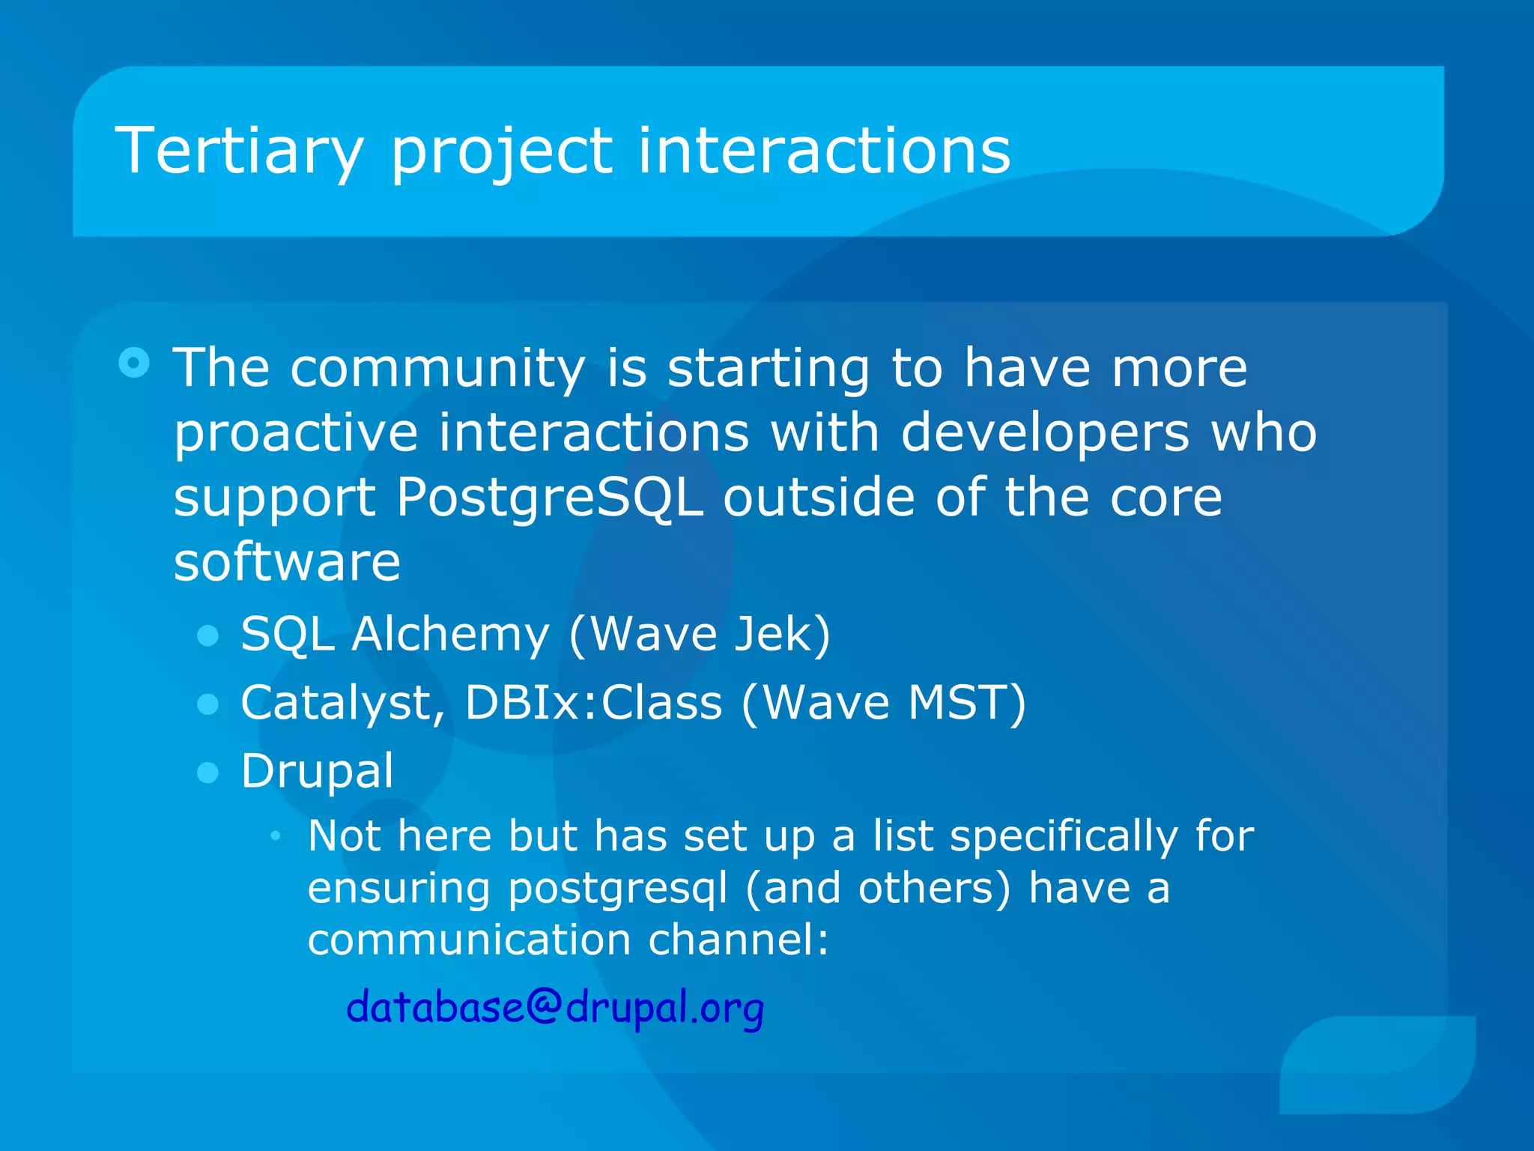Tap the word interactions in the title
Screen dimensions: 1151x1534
[824, 152]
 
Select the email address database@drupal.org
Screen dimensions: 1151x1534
[555, 1007]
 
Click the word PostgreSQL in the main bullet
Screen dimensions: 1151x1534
[550, 498]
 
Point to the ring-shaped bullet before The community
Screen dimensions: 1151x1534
[134, 363]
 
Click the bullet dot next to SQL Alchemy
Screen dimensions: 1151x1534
[207, 636]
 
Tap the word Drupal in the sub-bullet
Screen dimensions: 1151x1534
[317, 772]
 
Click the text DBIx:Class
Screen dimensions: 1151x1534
[593, 704]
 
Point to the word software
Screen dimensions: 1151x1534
[287, 563]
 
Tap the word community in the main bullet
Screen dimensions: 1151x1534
[438, 369]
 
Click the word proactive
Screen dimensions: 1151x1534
[295, 434]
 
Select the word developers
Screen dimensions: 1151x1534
[1045, 434]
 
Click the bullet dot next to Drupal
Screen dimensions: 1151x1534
[207, 773]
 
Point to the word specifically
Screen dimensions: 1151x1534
[1064, 837]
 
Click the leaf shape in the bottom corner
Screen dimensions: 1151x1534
[1378, 1064]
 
